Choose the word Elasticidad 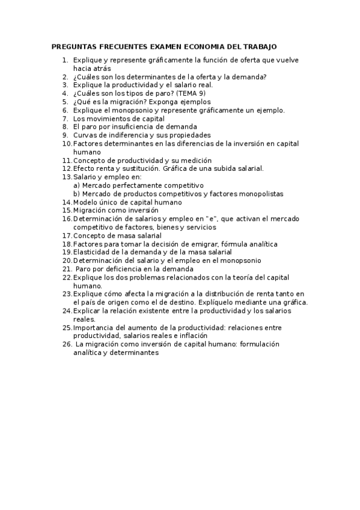tap(93, 252)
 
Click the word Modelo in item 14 tap(85, 202)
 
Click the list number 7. tap(65, 118)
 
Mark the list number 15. tap(66, 210)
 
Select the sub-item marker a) tap(76, 185)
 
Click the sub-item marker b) tap(76, 194)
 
